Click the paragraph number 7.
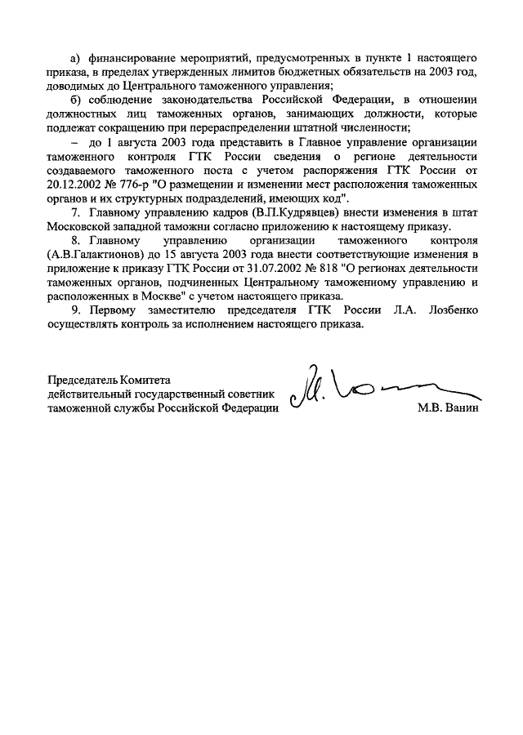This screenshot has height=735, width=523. [x=75, y=213]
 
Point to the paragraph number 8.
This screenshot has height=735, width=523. [x=75, y=242]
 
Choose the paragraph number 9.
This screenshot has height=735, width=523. [x=75, y=311]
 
